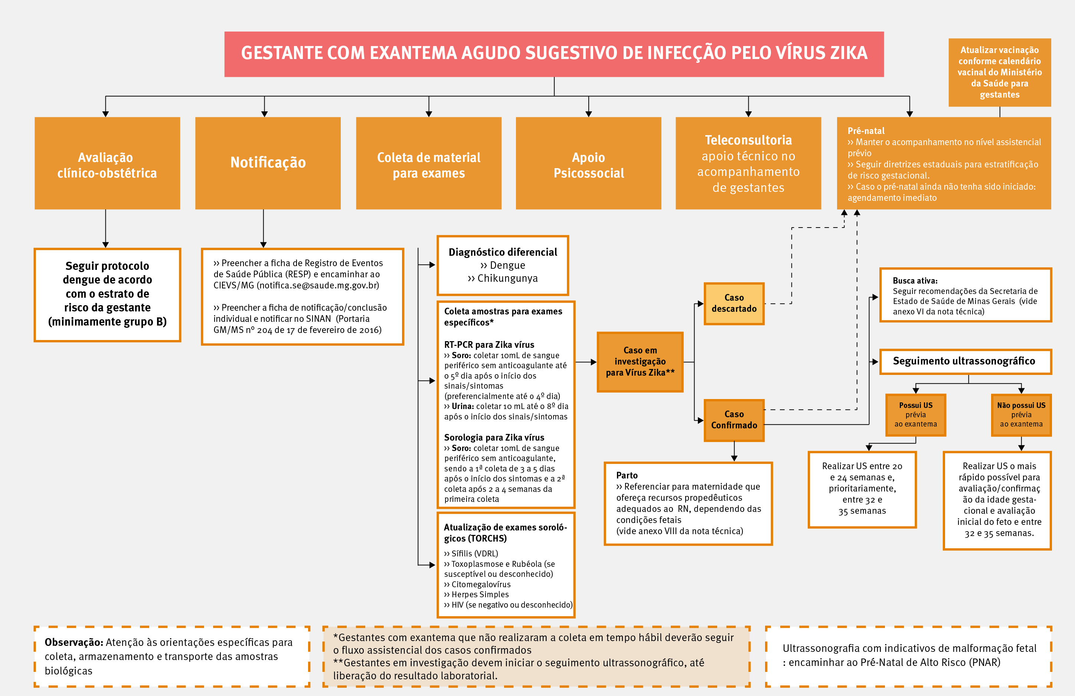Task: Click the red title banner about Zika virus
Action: click(x=554, y=54)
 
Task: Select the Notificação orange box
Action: click(x=268, y=163)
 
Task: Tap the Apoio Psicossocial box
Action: click(x=588, y=164)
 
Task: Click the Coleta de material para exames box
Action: click(x=429, y=164)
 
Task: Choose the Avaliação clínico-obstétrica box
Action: click(x=107, y=164)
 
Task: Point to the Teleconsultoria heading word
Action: click(x=748, y=140)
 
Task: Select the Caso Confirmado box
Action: click(x=734, y=420)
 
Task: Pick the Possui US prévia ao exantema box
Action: click(x=915, y=415)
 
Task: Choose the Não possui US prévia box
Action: click(x=1021, y=415)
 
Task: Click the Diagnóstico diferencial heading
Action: click(x=503, y=252)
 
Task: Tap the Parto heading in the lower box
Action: click(x=627, y=475)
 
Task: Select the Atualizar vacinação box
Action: click(x=1000, y=72)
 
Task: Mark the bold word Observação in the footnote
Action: click(x=73, y=642)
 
